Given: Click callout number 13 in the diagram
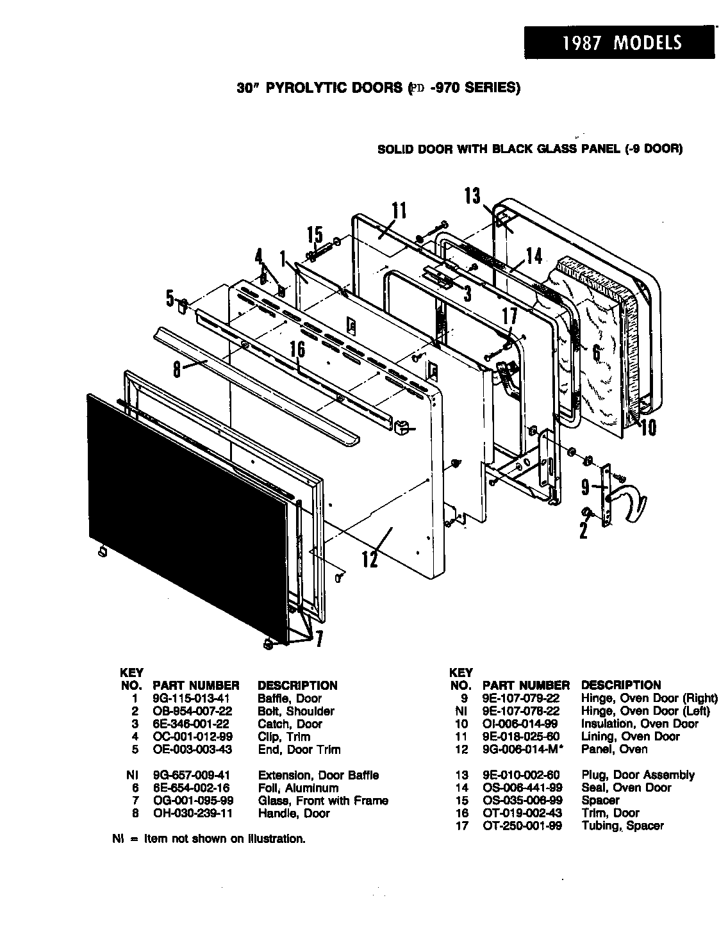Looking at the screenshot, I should [x=473, y=195].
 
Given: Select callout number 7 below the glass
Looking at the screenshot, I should [x=318, y=639].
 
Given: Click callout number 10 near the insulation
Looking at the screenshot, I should [x=648, y=427].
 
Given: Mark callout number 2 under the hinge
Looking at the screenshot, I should [x=583, y=531].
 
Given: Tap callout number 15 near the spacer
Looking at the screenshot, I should [x=315, y=235].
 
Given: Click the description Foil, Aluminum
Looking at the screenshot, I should [x=297, y=788].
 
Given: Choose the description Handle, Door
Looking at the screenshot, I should [x=294, y=814].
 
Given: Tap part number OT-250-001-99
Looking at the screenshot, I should [x=522, y=826].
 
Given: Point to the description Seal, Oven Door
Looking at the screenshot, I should [x=626, y=788].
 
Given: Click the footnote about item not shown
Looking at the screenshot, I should [x=208, y=839].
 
